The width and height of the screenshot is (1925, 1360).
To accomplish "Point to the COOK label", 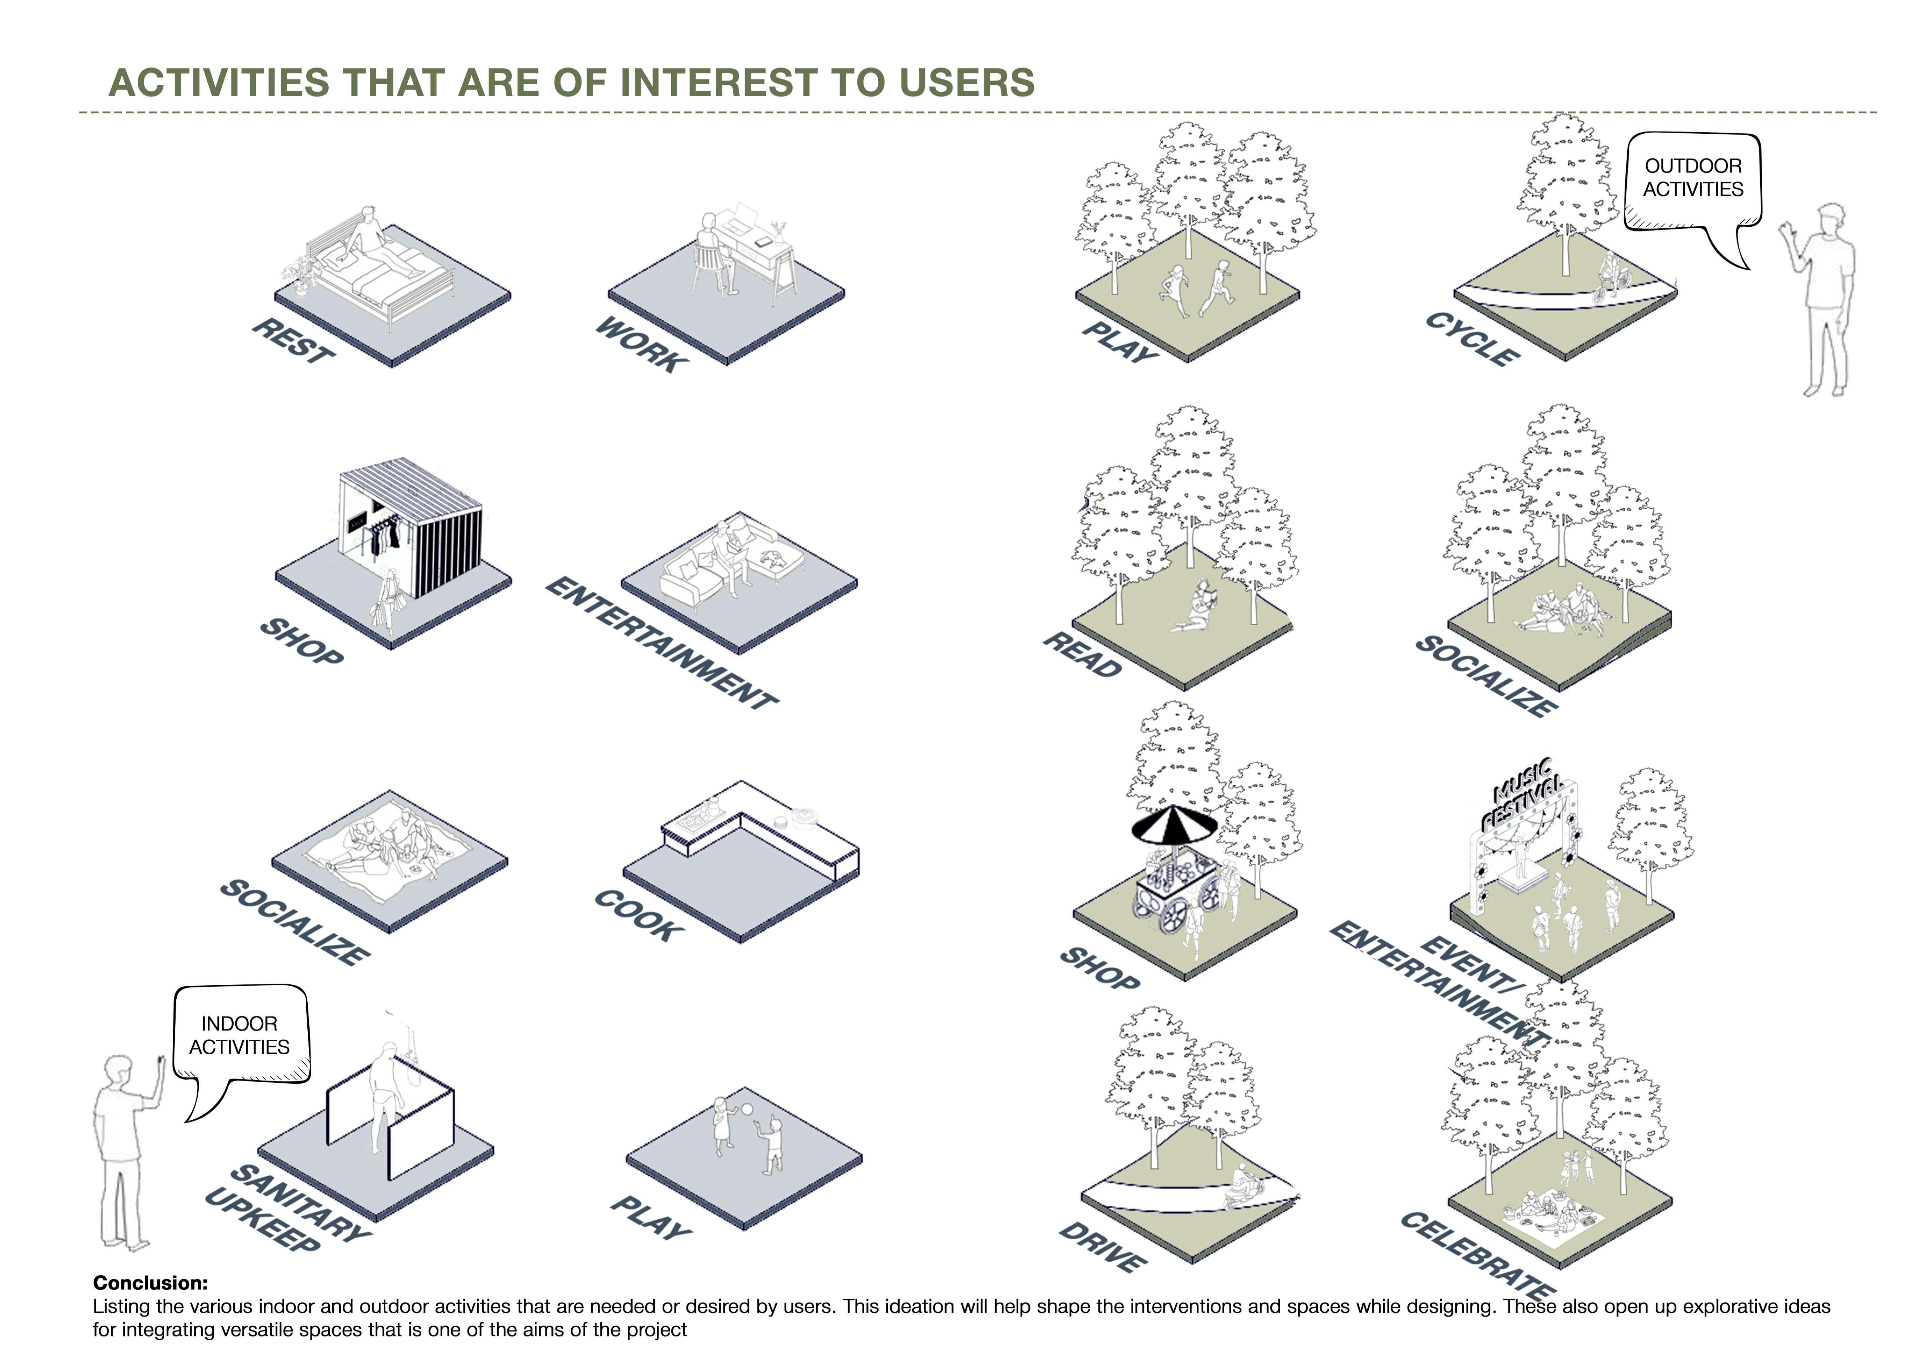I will [637, 916].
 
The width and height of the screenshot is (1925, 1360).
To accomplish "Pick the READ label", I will [1082, 654].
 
